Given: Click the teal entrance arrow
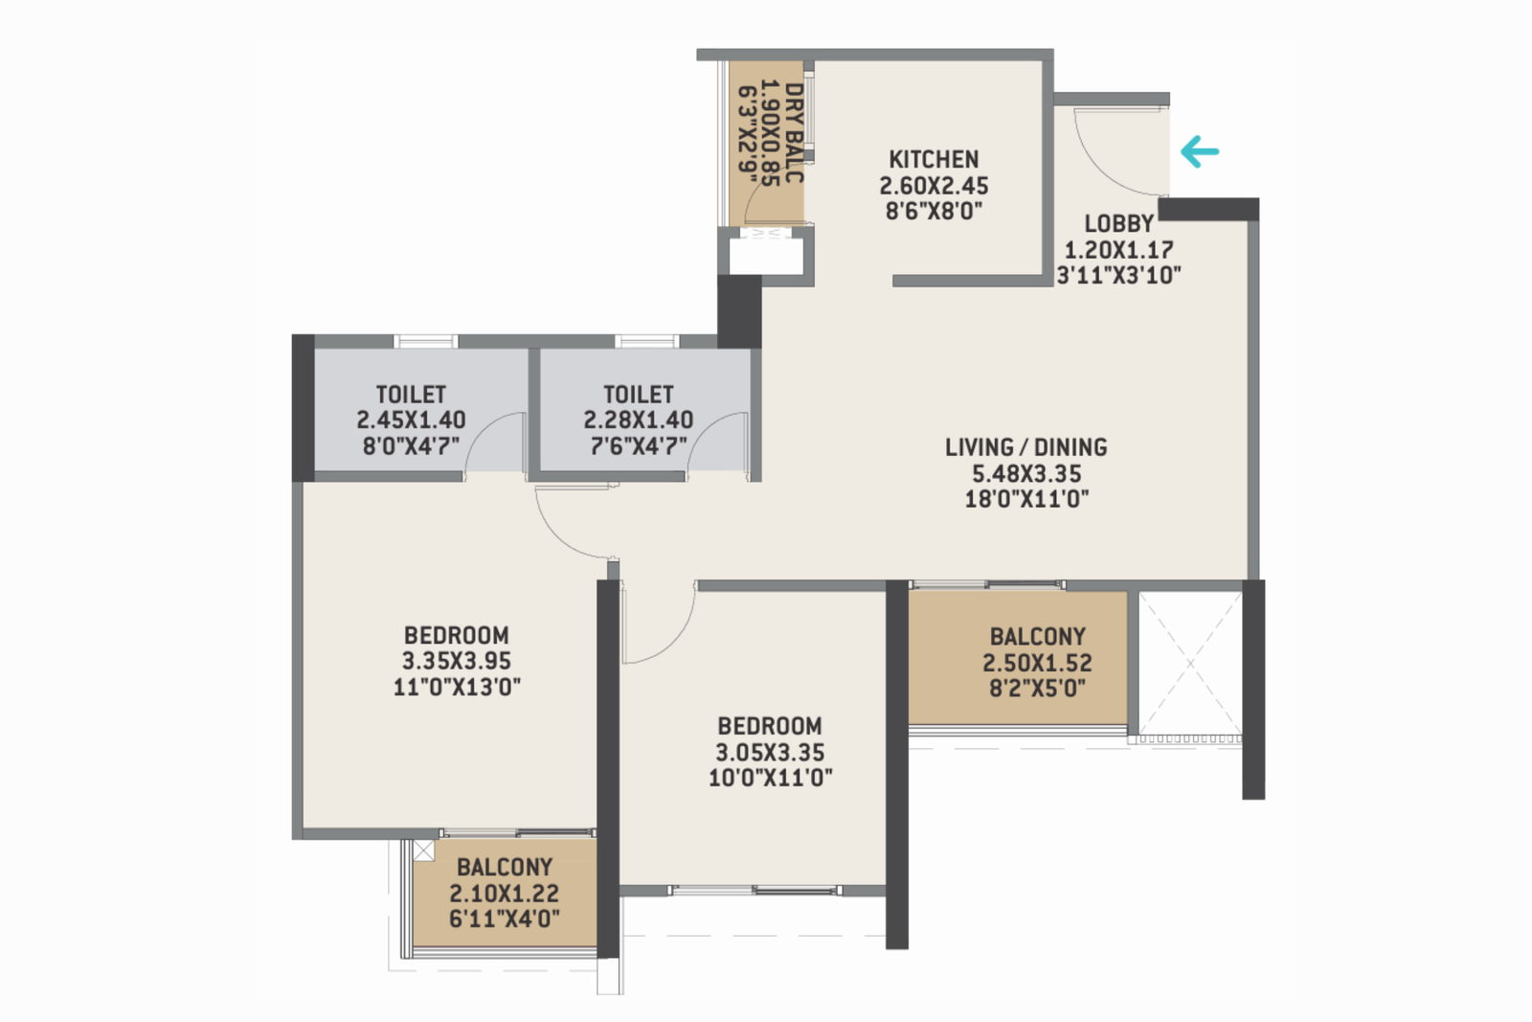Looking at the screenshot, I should point(1199,151).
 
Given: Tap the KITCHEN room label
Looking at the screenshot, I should point(934,159).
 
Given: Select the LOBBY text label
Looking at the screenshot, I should point(1118,223).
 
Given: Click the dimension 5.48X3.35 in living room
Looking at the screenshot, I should point(1026,473).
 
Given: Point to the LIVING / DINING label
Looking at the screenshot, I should point(1025,447).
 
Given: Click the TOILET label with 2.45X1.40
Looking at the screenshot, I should point(411,395).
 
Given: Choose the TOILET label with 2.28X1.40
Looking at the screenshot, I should point(638,395).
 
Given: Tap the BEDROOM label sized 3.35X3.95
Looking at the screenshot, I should point(456,635).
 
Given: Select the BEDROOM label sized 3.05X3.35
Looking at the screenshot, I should point(770,726).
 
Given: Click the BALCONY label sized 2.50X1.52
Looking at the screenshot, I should point(1037,637).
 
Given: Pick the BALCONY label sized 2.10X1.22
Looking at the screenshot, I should point(505,867).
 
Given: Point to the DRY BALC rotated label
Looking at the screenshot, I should point(794,134).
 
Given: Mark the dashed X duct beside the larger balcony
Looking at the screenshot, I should point(1188,663).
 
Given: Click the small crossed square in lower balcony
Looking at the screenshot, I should point(423,851).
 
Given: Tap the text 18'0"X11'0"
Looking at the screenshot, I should point(1026,498).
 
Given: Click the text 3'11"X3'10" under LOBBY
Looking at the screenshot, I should point(1118,276).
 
